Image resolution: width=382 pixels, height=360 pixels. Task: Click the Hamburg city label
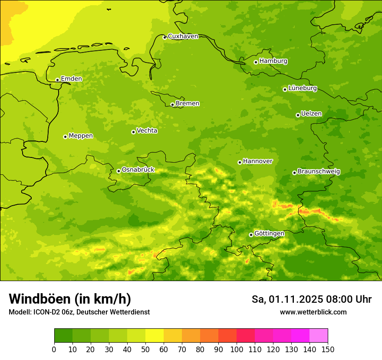(x=273, y=61)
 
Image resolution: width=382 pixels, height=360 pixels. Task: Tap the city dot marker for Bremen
(x=172, y=105)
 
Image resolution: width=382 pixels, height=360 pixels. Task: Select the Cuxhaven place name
(x=183, y=36)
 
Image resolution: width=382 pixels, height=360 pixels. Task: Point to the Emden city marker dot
(x=57, y=80)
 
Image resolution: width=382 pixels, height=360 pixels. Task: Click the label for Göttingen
(x=269, y=234)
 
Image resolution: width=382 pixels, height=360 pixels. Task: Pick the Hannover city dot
(x=240, y=162)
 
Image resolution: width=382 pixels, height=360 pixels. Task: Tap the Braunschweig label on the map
(x=319, y=172)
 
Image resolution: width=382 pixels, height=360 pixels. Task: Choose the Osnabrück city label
(x=138, y=170)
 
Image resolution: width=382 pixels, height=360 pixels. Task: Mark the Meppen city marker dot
(x=65, y=137)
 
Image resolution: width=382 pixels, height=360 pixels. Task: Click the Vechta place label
(x=147, y=131)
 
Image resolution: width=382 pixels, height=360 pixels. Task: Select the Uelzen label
(x=311, y=114)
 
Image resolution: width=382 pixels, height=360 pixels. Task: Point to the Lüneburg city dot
(x=285, y=89)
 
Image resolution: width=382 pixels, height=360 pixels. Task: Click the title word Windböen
(x=39, y=299)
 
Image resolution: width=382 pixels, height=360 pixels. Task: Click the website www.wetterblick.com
(x=313, y=312)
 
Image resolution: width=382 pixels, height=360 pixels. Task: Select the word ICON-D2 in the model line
(x=48, y=312)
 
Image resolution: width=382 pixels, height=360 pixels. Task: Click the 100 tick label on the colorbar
(x=237, y=350)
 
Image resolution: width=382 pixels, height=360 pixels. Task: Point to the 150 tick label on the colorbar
(x=327, y=350)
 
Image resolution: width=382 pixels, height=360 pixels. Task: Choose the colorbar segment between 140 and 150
(x=319, y=336)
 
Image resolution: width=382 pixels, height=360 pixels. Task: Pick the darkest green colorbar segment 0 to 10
(x=63, y=336)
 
